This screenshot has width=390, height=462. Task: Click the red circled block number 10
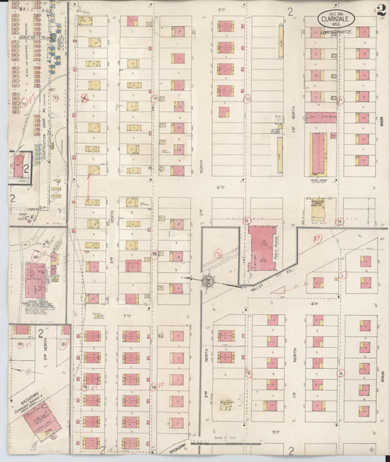(x=247, y=98)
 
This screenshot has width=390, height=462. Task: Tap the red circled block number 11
(x=340, y=98)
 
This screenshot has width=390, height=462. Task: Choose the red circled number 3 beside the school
(x=218, y=254)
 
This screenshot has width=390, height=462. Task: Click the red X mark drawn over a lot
(x=85, y=97)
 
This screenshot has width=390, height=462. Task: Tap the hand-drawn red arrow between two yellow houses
(x=91, y=189)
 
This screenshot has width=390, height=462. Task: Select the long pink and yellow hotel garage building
(x=320, y=153)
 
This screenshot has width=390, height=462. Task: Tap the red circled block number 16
(x=154, y=253)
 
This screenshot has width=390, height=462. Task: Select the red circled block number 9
(x=154, y=97)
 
